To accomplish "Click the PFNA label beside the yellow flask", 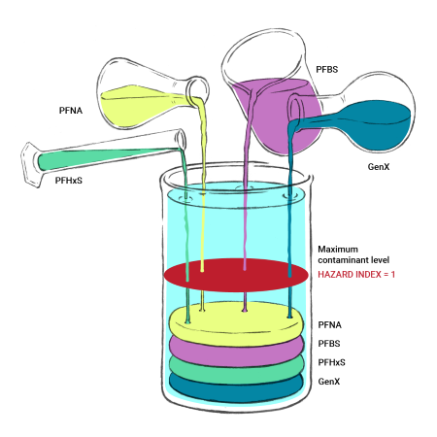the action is coord(71,111).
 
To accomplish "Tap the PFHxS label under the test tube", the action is coord(69,181).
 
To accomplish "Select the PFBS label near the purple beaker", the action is coord(327,70).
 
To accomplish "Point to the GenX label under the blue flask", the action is coord(379,167).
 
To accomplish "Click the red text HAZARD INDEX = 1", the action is coord(356,275).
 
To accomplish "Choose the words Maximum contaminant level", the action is coord(353,254).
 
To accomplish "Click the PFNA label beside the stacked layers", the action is coord(329,325).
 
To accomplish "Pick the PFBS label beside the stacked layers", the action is coord(329,344).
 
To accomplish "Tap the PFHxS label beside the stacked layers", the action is coord(331,362).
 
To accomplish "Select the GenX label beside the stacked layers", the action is coord(329,382).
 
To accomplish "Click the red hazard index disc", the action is coord(236,275).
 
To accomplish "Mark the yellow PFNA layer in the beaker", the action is coord(236,323).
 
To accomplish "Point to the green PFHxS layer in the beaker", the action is coord(236,373).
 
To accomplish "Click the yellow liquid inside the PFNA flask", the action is coord(136,105).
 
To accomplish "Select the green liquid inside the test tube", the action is coord(97,157).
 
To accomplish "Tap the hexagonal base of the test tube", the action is coord(32,165).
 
